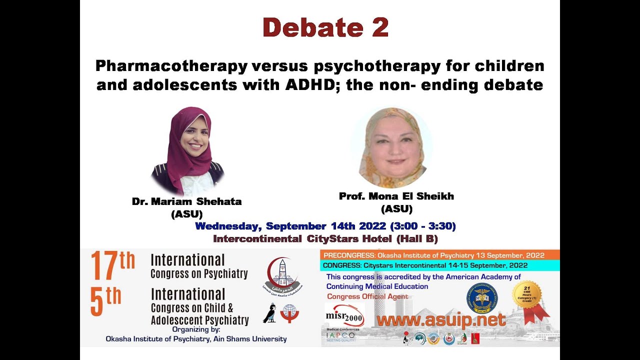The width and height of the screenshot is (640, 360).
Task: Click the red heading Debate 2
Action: coord(325,27)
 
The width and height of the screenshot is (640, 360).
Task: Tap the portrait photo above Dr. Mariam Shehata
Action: coord(187,150)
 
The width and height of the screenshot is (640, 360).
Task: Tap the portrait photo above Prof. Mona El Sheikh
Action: coord(391,147)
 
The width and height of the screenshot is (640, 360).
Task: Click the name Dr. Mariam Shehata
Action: coord(186,202)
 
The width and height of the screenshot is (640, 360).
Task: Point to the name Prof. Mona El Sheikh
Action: coord(396,196)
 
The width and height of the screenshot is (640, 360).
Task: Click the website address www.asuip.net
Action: coord(440,320)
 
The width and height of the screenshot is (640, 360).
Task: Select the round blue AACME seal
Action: coord(482,298)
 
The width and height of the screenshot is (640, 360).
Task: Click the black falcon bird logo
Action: coord(269,313)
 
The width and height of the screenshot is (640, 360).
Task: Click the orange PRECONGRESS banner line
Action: coord(439,255)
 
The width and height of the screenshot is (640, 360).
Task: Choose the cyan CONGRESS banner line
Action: coord(425,265)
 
